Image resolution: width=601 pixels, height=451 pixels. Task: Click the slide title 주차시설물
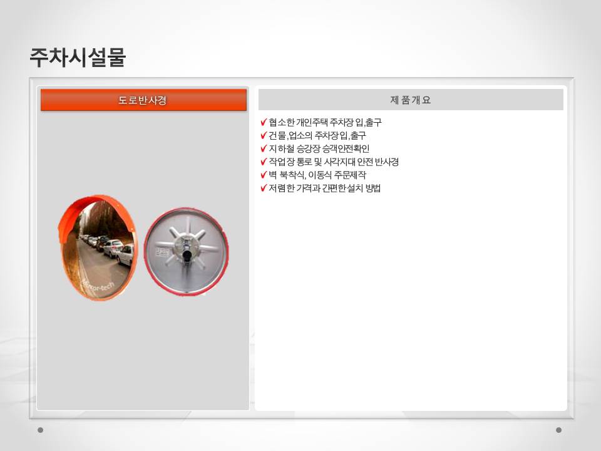[78, 58]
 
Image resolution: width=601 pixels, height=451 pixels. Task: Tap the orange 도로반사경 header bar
[143, 100]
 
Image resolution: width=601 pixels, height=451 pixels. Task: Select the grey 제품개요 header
[411, 100]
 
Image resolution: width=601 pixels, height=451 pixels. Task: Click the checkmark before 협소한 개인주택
[264, 122]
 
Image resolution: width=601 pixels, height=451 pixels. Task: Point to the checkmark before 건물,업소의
[264, 135]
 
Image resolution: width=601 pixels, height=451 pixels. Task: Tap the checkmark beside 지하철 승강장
[264, 148]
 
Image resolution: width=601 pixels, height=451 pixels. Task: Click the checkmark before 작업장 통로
[264, 162]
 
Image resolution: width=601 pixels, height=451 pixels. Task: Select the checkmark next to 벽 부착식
[264, 175]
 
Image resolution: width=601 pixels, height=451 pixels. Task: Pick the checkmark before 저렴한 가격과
[264, 188]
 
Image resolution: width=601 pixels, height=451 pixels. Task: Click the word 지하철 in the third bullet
[281, 148]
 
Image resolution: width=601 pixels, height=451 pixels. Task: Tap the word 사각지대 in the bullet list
[339, 162]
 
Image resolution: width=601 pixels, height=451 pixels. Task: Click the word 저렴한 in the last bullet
[281, 188]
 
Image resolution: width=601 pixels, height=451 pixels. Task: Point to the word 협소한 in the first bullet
[281, 122]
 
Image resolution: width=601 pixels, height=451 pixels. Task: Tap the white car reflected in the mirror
[125, 255]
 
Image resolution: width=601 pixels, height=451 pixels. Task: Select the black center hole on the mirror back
[187, 255]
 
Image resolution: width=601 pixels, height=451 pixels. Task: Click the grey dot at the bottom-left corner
[40, 430]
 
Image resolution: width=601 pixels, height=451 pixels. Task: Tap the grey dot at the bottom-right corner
[558, 430]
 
